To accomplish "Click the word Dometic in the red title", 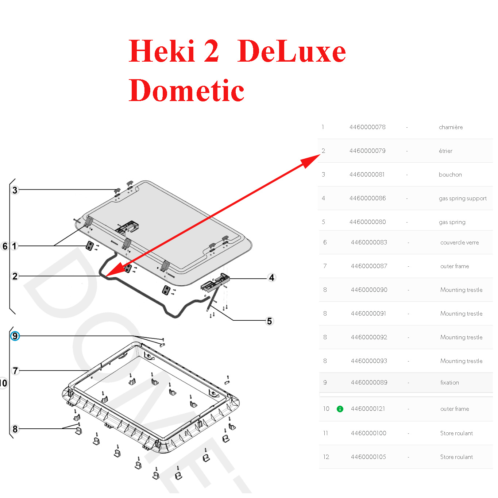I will [x=186, y=90].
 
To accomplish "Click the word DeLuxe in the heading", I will [x=291, y=51].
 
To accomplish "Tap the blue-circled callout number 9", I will [x=15, y=336].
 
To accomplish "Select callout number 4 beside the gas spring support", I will [x=271, y=278].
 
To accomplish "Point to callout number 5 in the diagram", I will [x=269, y=321].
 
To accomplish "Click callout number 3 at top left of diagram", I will [x=15, y=190].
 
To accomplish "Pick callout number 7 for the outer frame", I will [x=15, y=371].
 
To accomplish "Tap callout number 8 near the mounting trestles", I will [x=15, y=429].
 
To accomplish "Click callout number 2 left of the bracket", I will [x=15, y=276].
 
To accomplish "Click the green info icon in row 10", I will [x=340, y=409].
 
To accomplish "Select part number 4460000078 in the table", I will [x=367, y=127].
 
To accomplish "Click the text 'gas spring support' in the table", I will [x=462, y=198].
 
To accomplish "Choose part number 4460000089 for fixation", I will [x=368, y=383].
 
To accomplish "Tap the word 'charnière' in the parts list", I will [x=451, y=127].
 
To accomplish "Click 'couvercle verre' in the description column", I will [x=459, y=243].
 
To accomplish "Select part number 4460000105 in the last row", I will [x=368, y=457].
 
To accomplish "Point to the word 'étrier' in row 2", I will [x=445, y=151].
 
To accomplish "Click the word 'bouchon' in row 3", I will [x=450, y=175].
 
